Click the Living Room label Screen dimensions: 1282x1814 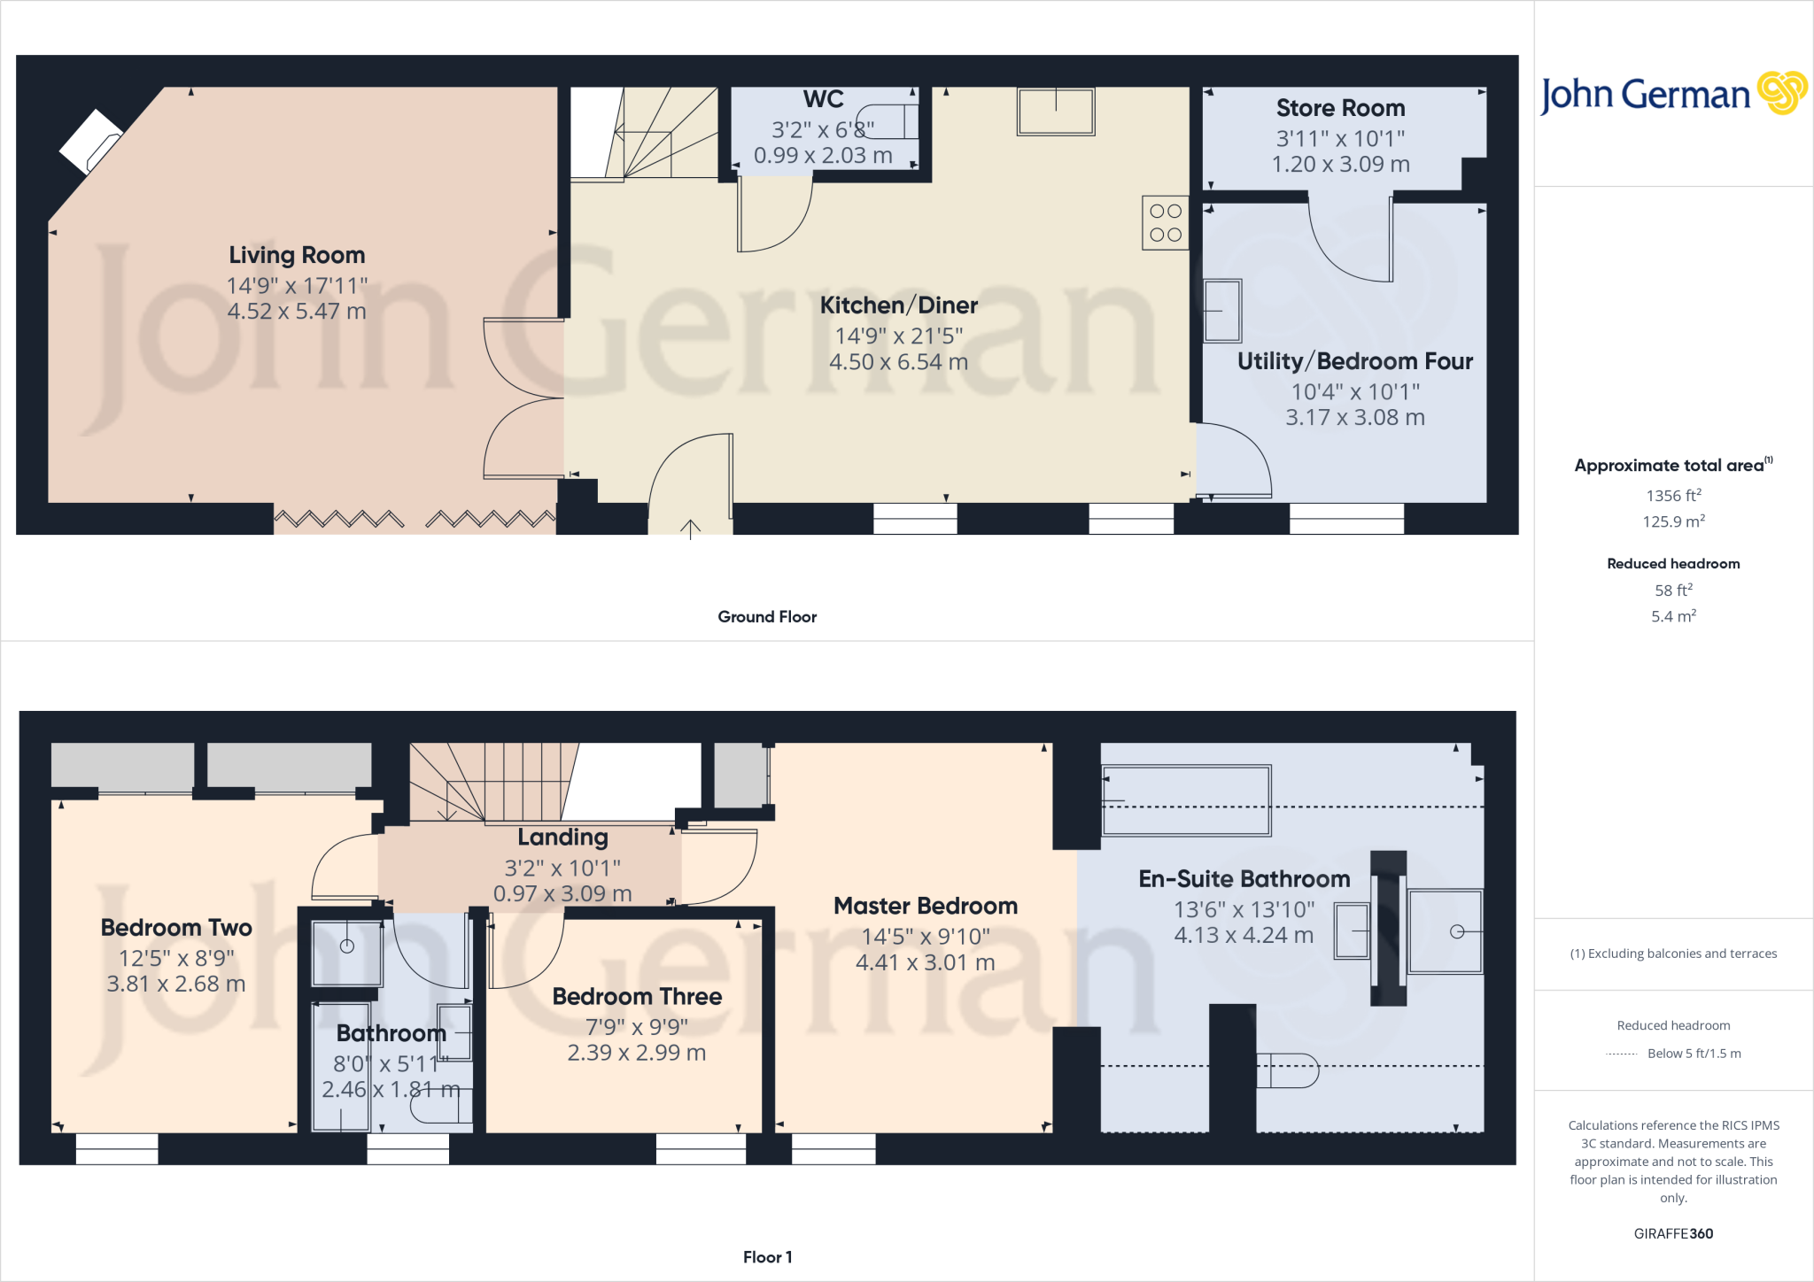coord(297,255)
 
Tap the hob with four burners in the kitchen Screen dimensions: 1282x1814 coord(1165,222)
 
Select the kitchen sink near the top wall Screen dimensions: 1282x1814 coord(1056,112)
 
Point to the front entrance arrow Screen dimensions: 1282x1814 coord(690,529)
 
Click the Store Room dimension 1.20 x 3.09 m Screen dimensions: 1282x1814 coord(1340,165)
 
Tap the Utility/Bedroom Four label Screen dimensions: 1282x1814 coord(1354,361)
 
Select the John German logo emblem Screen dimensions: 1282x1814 coord(1781,93)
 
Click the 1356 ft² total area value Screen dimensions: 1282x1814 coord(1673,496)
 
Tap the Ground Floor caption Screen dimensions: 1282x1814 coord(767,617)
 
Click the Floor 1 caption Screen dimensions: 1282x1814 coord(767,1257)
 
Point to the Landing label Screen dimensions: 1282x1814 coord(562,838)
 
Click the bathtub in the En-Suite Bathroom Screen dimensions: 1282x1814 coord(1185,800)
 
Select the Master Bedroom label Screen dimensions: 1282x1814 coord(926,906)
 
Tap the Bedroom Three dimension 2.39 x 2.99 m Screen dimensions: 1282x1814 coord(636,1053)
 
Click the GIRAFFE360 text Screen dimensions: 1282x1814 coord(1673,1233)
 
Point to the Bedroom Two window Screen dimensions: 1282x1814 coord(117,1148)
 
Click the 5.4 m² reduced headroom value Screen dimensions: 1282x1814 coord(1673,616)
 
